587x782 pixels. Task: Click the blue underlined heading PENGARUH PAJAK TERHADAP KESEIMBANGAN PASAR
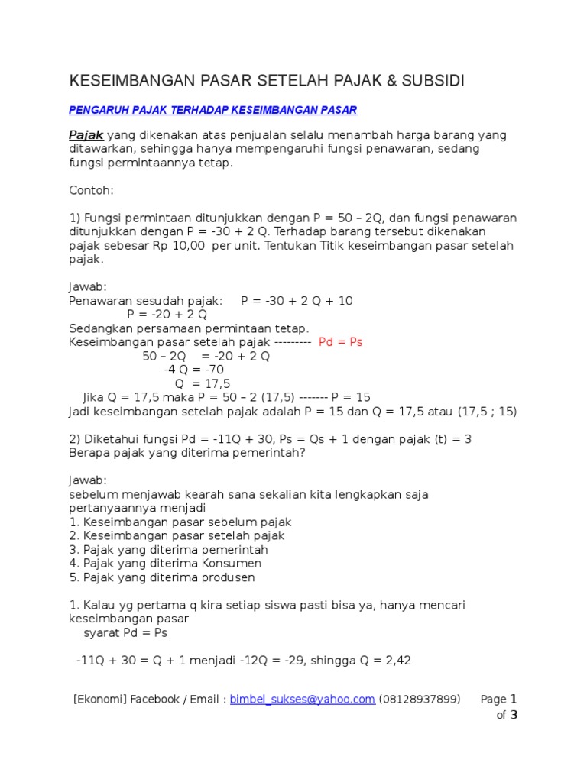(213, 110)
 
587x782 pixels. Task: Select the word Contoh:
(91, 189)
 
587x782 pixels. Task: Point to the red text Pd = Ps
(340, 342)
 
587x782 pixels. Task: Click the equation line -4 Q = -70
(194, 370)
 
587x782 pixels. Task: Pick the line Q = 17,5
(203, 383)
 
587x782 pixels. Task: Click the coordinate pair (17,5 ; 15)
(488, 411)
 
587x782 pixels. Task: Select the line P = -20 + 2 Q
(167, 315)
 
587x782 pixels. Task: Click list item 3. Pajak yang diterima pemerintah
(168, 550)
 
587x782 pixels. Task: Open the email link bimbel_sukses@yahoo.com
(303, 699)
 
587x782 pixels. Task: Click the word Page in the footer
(493, 699)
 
